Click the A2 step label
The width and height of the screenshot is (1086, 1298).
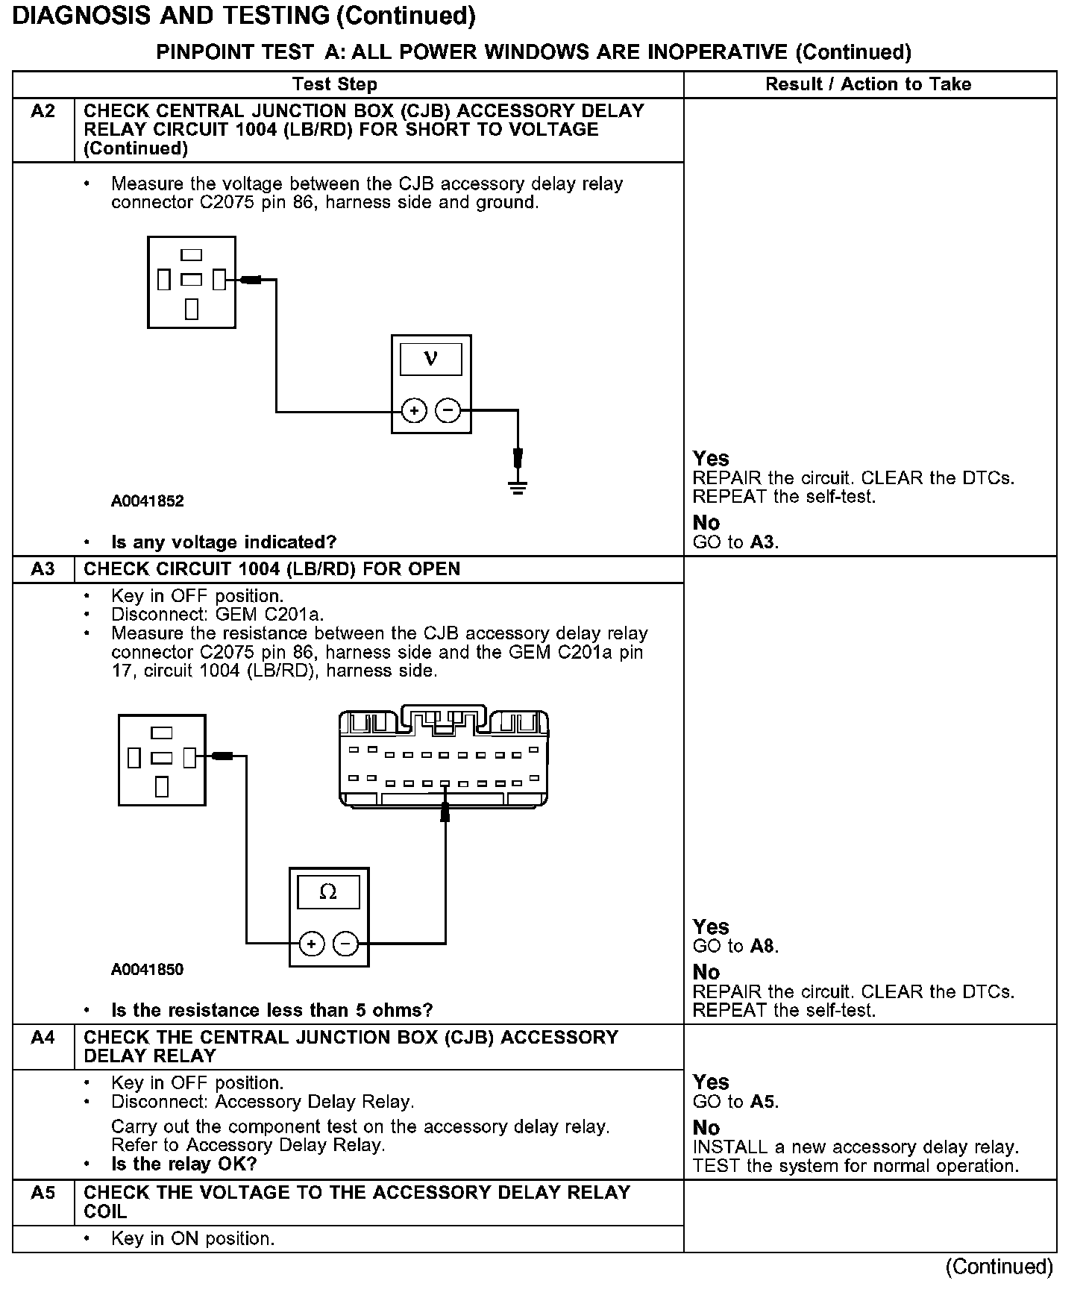pyautogui.click(x=43, y=112)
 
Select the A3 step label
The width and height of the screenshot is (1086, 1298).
pyautogui.click(x=43, y=569)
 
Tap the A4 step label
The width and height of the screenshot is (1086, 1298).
pyautogui.click(x=43, y=1038)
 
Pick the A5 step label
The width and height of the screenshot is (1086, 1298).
pyautogui.click(x=43, y=1193)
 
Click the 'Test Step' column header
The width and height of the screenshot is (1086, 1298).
pyautogui.click(x=335, y=84)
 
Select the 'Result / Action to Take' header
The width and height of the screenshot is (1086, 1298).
pyautogui.click(x=868, y=84)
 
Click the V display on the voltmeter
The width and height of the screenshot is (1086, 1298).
pyautogui.click(x=431, y=359)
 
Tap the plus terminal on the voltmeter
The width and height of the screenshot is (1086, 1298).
pyautogui.click(x=414, y=410)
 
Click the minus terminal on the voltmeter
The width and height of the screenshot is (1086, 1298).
pyautogui.click(x=448, y=410)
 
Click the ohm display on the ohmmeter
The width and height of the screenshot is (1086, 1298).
pyautogui.click(x=328, y=892)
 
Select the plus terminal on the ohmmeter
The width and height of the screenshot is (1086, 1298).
pyautogui.click(x=312, y=944)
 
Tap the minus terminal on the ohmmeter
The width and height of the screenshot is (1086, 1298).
pyautogui.click(x=345, y=944)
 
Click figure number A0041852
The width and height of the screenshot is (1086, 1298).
pyautogui.click(x=148, y=501)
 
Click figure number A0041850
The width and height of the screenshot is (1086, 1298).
pyautogui.click(x=148, y=970)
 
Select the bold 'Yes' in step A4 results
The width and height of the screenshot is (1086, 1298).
pyautogui.click(x=711, y=1082)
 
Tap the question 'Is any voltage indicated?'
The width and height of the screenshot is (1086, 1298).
pyautogui.click(x=224, y=542)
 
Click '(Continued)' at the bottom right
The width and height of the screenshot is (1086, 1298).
pyautogui.click(x=999, y=1267)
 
